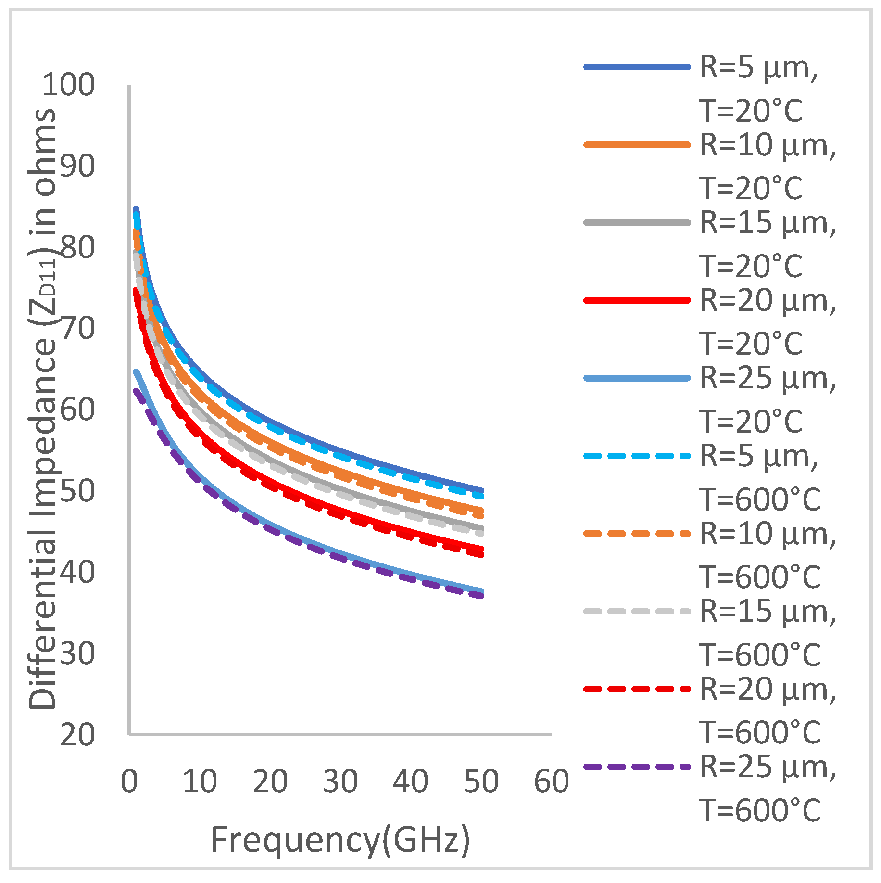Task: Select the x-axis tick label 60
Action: pos(552,781)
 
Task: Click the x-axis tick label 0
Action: pos(129,781)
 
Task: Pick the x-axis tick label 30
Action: pos(340,781)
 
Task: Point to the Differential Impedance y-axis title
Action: pos(43,409)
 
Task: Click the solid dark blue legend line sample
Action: pos(637,67)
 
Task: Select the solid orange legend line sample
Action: pos(637,145)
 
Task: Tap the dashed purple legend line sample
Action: pos(637,767)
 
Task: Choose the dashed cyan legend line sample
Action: pos(637,456)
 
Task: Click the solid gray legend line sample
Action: pos(637,223)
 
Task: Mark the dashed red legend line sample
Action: pos(637,689)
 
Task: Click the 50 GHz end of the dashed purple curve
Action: pos(481,597)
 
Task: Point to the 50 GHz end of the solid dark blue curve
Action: pos(481,490)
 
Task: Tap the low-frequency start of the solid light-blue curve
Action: pos(136,371)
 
